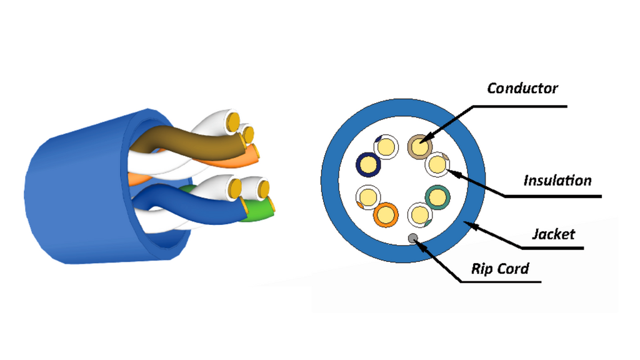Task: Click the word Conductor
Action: pyautogui.click(x=522, y=88)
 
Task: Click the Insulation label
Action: pyautogui.click(x=557, y=181)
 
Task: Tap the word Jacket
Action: pyautogui.click(x=554, y=234)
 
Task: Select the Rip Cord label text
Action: pyautogui.click(x=500, y=269)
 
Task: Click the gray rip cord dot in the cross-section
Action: pyautogui.click(x=413, y=238)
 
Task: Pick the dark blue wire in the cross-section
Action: pyautogui.click(x=368, y=164)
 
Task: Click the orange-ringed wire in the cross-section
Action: pyautogui.click(x=385, y=215)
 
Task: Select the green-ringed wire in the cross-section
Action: pyautogui.click(x=437, y=197)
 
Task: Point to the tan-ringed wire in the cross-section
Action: pyautogui.click(x=420, y=147)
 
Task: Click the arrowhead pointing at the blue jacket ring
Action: pyautogui.click(x=469, y=224)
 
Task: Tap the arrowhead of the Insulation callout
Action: pyautogui.click(x=454, y=173)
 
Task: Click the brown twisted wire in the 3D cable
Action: pyautogui.click(x=192, y=144)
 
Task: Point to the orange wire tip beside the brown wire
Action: pyautogui.click(x=251, y=154)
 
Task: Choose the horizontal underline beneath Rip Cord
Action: pyautogui.click(x=501, y=282)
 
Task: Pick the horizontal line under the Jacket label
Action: pyautogui.click(x=552, y=247)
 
